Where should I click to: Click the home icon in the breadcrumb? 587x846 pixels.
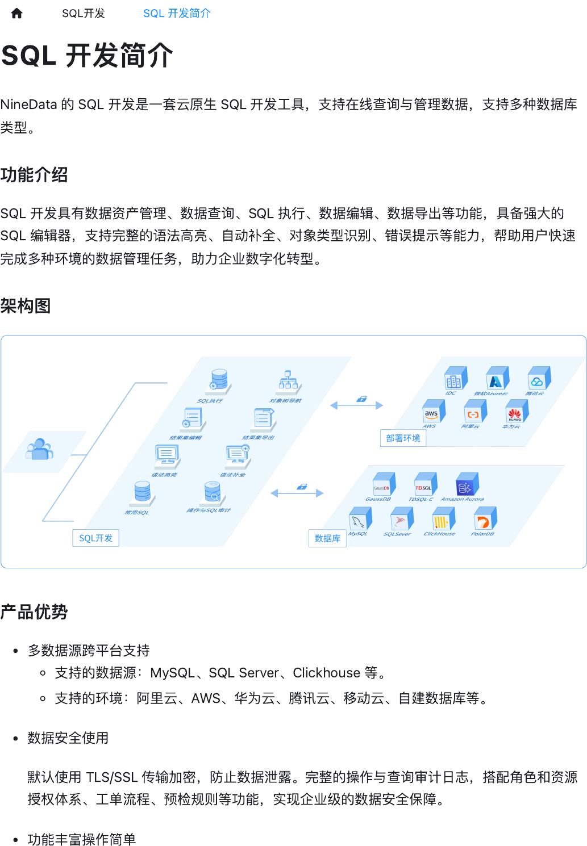coord(16,14)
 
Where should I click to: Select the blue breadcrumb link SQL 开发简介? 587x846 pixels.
coord(177,14)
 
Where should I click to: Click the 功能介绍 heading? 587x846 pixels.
coord(34,175)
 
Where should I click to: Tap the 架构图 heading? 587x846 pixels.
coord(26,306)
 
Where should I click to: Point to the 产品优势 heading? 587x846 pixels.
coord(34,612)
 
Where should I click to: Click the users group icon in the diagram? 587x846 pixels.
coord(39,449)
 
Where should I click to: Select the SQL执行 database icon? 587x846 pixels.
coord(219,381)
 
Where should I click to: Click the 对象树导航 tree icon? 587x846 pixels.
coord(289,381)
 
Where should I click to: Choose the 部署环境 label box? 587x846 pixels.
coord(403,438)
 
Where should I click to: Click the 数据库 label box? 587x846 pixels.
coord(327,538)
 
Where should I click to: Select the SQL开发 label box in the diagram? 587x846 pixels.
coord(95,538)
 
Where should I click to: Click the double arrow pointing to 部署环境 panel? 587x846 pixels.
coord(356,405)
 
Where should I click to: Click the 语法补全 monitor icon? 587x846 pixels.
coord(237,455)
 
